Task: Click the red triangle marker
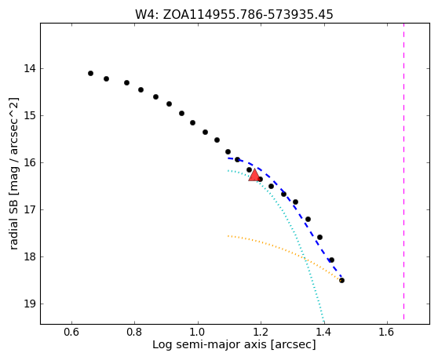(x=254, y=175)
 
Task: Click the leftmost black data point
(x=90, y=74)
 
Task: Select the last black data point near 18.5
(x=341, y=280)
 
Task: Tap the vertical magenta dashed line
(x=403, y=172)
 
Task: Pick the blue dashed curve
(x=294, y=206)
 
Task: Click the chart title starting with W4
(x=234, y=14)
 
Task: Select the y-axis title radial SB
(x=13, y=173)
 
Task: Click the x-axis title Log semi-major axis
(x=234, y=344)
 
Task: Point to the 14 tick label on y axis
(x=30, y=68)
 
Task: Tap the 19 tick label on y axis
(x=30, y=304)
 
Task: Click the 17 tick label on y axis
(x=30, y=209)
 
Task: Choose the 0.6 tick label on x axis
(x=71, y=332)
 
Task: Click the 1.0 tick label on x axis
(x=198, y=332)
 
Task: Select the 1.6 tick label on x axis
(x=387, y=332)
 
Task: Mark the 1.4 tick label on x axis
(x=324, y=332)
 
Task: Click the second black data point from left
(x=106, y=78)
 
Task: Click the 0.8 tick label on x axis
(x=135, y=332)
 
